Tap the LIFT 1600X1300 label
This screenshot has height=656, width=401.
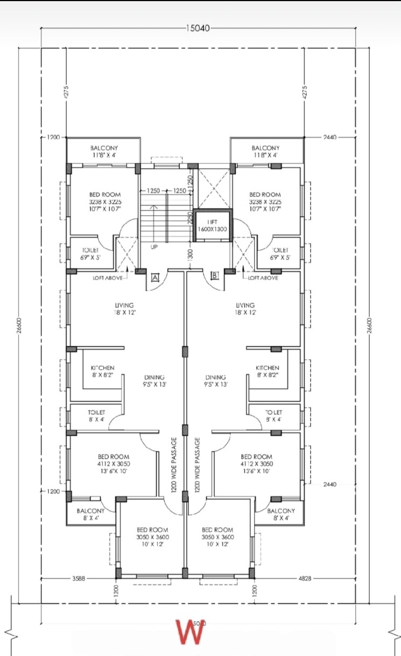tap(212, 225)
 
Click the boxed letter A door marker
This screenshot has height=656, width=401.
tap(155, 277)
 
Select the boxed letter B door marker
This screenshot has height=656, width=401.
tap(215, 276)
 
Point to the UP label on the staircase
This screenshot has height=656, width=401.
tap(154, 247)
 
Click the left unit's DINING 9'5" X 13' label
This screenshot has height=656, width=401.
tap(154, 381)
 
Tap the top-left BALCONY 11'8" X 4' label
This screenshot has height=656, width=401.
tap(104, 151)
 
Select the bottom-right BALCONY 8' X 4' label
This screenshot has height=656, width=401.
tap(281, 514)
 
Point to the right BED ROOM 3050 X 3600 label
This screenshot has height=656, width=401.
tap(217, 537)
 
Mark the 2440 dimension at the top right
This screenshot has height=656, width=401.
tap(329, 138)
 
